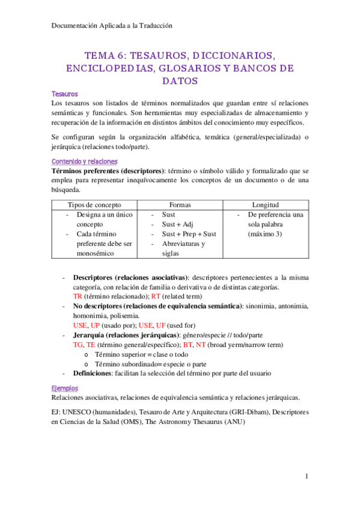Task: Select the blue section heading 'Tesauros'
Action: pyautogui.click(x=64, y=94)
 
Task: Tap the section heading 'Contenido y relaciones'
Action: pyautogui.click(x=84, y=162)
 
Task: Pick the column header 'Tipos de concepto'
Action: pyautogui.click(x=94, y=205)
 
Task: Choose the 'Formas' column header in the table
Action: pyautogui.click(x=180, y=205)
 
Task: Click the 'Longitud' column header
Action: pyautogui.click(x=265, y=205)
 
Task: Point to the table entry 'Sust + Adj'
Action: pyautogui.click(x=178, y=224)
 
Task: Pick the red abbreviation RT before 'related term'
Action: pyautogui.click(x=156, y=296)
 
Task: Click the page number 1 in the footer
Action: pyautogui.click(x=306, y=477)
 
